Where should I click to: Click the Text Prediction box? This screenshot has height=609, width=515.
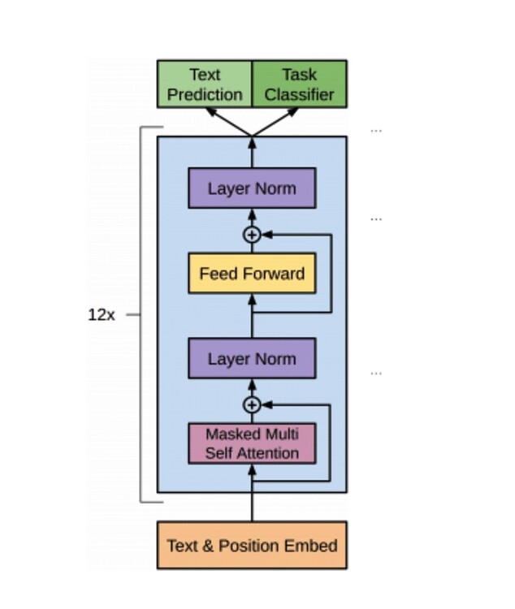coord(205,84)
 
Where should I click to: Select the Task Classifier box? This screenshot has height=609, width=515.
coord(299,84)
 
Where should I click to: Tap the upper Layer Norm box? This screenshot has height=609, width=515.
coord(252,188)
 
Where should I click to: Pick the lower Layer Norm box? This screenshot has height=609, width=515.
coord(252,359)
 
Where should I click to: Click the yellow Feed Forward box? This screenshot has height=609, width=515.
coord(252,273)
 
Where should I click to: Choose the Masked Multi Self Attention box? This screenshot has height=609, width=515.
coord(252,443)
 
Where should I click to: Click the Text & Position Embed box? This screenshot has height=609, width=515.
coord(252,545)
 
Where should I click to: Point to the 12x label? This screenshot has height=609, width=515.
coord(102,315)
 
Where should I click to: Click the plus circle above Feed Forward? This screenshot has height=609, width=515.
coord(252,235)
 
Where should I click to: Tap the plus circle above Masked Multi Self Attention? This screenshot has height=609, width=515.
coord(252,404)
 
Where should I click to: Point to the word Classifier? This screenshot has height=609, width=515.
coord(299,94)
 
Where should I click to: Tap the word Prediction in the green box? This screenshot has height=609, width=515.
coord(205,94)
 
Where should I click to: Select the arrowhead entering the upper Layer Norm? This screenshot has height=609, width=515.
coord(252,214)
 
